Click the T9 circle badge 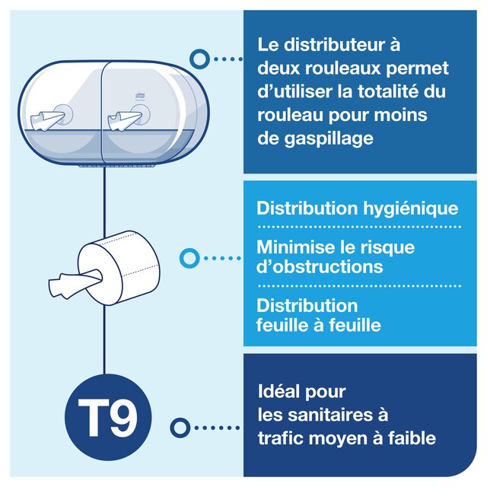point(108,417)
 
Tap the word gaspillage point(329,138)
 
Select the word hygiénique point(411,208)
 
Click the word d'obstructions point(320,266)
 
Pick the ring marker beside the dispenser point(199,59)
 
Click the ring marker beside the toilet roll point(189,258)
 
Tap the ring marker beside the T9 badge point(180,428)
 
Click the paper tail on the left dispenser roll point(47,120)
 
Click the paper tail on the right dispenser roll point(124,120)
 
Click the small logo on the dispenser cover point(138,96)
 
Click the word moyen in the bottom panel point(329,439)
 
